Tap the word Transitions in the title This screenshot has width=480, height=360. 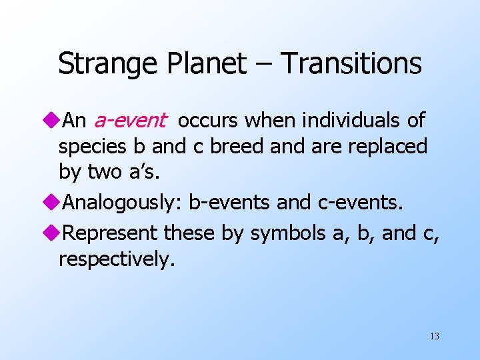point(351,64)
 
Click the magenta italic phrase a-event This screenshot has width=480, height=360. point(129,121)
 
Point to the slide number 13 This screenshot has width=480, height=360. point(435,336)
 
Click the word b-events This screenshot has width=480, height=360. point(235,202)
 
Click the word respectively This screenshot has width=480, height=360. point(117,259)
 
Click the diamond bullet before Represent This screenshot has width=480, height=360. point(53,233)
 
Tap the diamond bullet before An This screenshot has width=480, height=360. point(53,121)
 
